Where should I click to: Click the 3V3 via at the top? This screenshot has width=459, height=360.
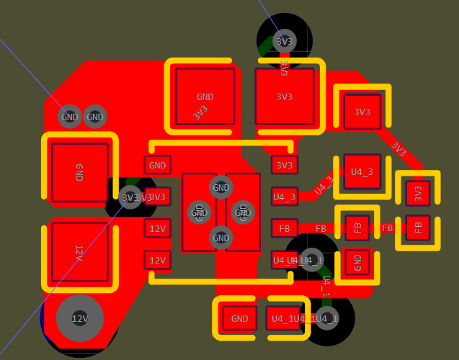tap(285, 41)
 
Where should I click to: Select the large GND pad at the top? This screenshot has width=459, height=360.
tap(205, 96)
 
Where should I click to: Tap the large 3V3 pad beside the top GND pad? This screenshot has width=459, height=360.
tap(285, 96)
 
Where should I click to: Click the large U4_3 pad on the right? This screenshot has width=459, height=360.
tap(362, 171)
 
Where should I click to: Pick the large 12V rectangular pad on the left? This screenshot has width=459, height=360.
tap(79, 252)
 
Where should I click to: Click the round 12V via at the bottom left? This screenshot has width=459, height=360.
tap(79, 318)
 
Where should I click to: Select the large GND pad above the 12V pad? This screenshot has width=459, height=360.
tap(79, 172)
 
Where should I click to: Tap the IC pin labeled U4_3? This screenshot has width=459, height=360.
tap(285, 197)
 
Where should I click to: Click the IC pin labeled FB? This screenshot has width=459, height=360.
tap(285, 228)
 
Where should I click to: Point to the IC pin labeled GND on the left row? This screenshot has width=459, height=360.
tap(157, 165)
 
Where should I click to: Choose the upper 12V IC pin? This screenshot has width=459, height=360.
tap(157, 229)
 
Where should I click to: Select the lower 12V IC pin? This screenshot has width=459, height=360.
tap(157, 260)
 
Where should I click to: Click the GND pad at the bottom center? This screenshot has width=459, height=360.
tap(240, 318)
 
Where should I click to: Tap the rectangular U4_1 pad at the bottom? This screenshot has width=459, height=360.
tap(283, 318)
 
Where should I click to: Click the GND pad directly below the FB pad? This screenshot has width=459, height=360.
tap(357, 262)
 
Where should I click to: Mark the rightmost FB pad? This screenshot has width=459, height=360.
tap(417, 228)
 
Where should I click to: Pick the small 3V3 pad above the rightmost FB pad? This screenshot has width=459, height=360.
tap(417, 194)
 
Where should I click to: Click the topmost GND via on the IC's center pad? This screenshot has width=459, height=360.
tap(221, 188)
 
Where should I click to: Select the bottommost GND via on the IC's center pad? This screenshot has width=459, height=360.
tap(221, 237)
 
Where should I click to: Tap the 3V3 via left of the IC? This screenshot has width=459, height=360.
tap(130, 197)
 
